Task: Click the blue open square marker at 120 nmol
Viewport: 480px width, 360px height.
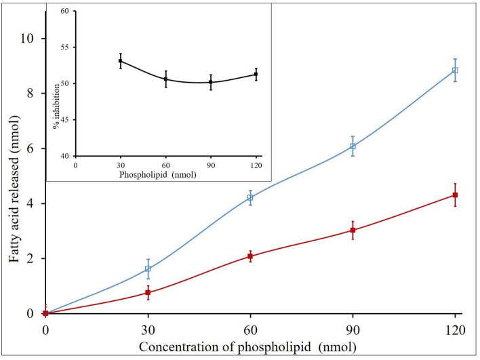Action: [x=455, y=70]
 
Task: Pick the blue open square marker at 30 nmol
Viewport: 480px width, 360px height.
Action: [x=148, y=269]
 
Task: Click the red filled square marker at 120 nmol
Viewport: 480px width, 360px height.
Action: [x=455, y=195]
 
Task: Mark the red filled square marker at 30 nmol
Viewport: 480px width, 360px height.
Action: [x=148, y=293]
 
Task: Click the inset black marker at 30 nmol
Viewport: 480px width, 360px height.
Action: [x=120, y=61]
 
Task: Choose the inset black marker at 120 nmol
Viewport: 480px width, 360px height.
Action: [x=256, y=74]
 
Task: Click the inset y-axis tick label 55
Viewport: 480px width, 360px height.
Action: [x=64, y=47]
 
